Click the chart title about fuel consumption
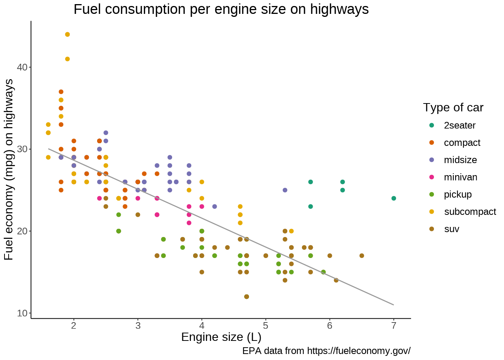tap(221, 9)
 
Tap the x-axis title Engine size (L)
tap(221, 337)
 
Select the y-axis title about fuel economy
tap(9, 169)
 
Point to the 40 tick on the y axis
tap(22, 67)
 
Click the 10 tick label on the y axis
tap(22, 313)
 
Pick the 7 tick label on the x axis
tap(393, 325)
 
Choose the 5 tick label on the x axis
tap(265, 325)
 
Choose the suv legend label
tap(451, 229)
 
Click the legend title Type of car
tap(453, 108)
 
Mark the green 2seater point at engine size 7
tap(393, 198)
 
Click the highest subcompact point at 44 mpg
tap(67, 34)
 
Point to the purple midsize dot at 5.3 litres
tap(285, 190)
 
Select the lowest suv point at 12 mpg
tap(246, 297)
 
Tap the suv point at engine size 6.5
tap(361, 256)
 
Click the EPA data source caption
tap(326, 351)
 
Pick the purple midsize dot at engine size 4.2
tap(214, 207)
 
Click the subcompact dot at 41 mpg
tap(67, 59)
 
